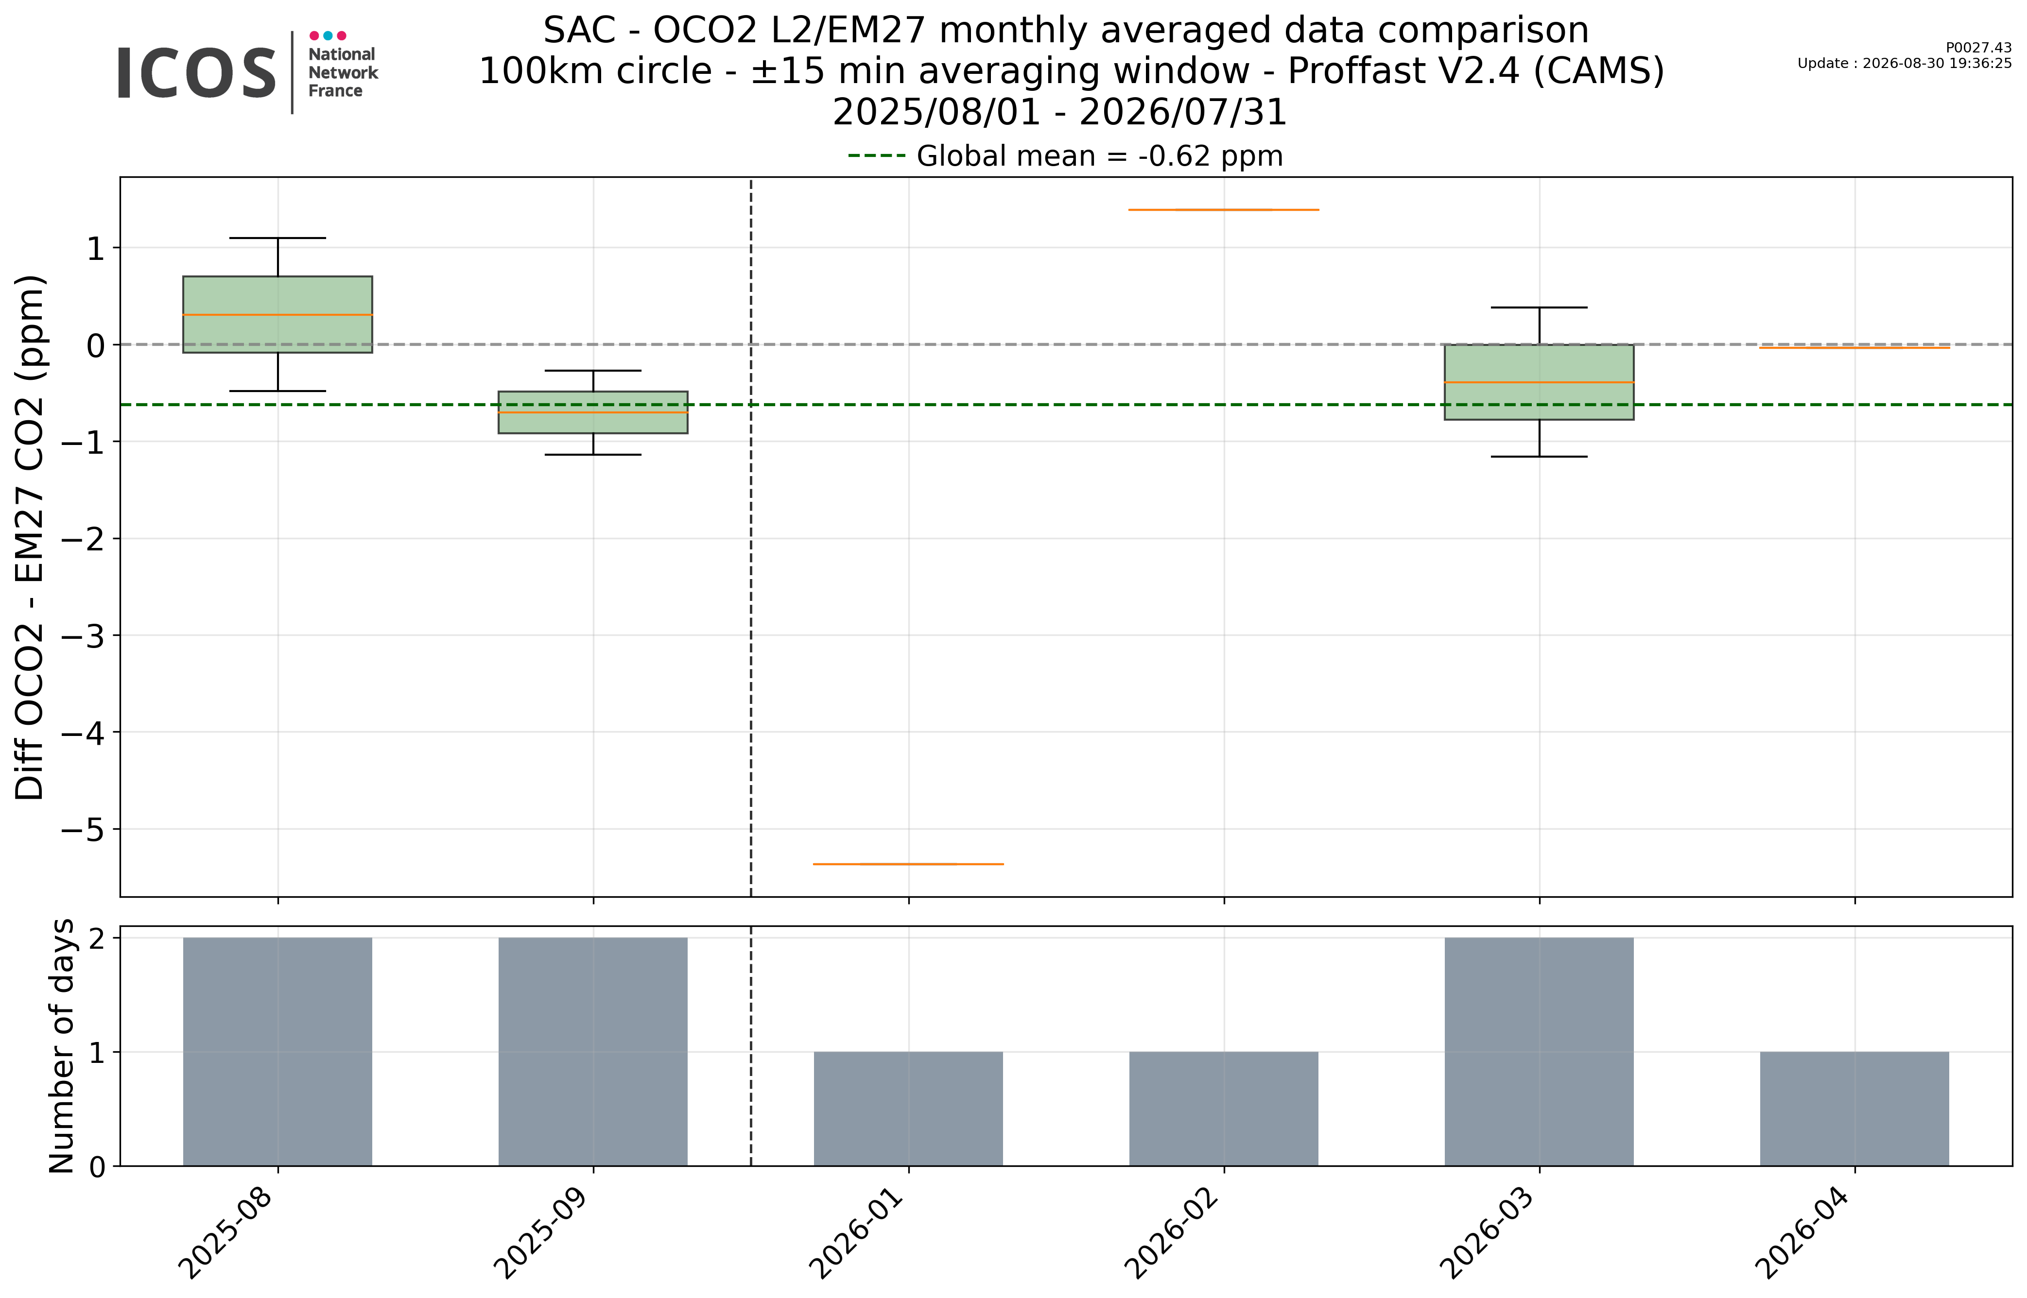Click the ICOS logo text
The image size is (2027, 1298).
coord(196,73)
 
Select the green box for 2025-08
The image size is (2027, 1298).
coord(277,314)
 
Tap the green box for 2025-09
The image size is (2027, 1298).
coord(593,412)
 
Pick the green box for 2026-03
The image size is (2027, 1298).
coord(1539,382)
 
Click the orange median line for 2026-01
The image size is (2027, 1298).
coord(908,864)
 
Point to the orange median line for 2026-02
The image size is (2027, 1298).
coord(1224,209)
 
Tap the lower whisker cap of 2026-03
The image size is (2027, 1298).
coord(1539,456)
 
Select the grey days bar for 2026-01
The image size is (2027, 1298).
coord(908,1109)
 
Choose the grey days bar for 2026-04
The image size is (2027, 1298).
coord(1854,1109)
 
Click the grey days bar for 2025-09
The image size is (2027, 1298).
coord(593,1051)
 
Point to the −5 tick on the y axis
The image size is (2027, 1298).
coord(116,829)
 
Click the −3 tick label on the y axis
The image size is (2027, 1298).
coord(83,635)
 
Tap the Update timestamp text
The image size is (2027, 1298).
coord(1904,63)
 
